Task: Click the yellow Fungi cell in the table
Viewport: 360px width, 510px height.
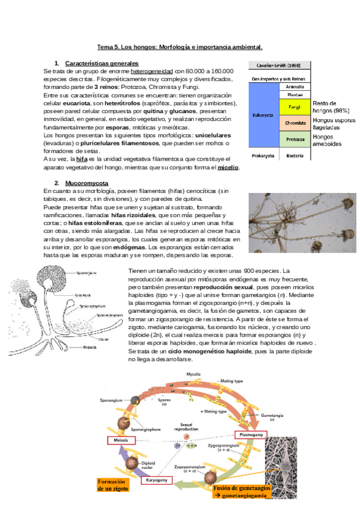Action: click(294, 106)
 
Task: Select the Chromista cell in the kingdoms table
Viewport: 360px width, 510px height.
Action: click(294, 123)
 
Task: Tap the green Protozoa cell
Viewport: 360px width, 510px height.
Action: click(294, 140)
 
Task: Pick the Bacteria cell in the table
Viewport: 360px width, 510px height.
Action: click(294, 156)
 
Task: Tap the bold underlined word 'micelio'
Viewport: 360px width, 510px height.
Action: click(228, 167)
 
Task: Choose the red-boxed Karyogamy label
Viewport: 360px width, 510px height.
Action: click(156, 480)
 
